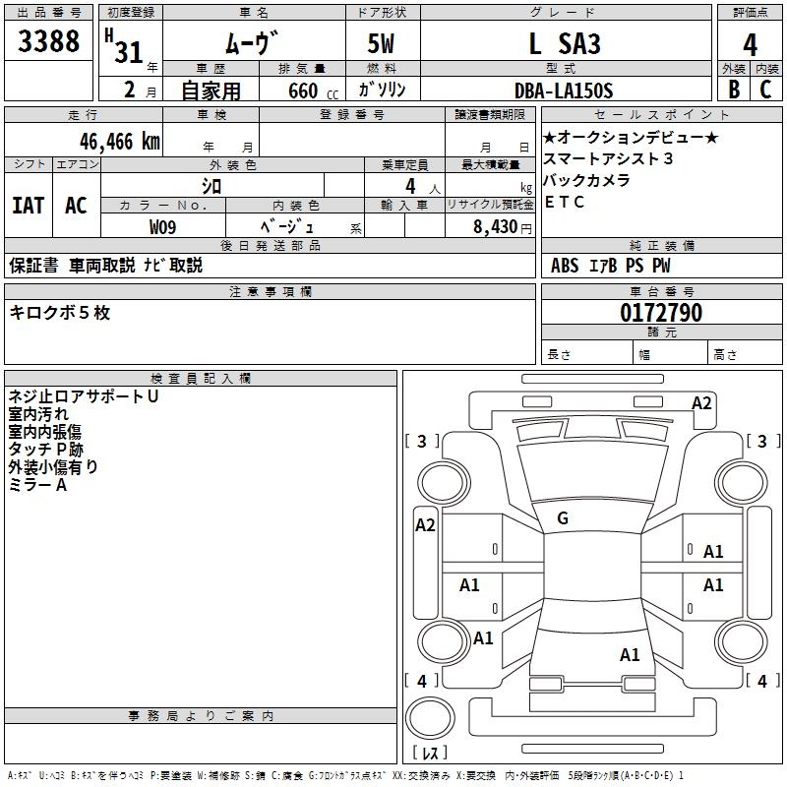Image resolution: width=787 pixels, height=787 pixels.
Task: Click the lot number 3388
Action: click(x=48, y=40)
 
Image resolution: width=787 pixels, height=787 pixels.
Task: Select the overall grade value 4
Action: click(x=750, y=45)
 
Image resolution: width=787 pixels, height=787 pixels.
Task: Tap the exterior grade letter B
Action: click(x=734, y=90)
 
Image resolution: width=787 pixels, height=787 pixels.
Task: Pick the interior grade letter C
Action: click(x=765, y=90)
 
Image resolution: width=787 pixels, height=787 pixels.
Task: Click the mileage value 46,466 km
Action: click(x=119, y=142)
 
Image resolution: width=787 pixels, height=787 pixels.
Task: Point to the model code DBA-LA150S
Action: click(x=564, y=91)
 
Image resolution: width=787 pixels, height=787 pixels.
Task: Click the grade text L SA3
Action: click(x=565, y=43)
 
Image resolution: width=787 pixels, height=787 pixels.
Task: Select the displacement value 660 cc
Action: click(x=313, y=91)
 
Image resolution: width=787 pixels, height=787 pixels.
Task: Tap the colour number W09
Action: click(x=162, y=227)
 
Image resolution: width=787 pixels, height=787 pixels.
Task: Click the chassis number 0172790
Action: click(x=661, y=312)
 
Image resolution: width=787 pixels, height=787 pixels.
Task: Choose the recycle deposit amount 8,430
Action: click(x=495, y=226)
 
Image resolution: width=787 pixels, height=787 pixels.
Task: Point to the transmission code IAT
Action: click(x=29, y=206)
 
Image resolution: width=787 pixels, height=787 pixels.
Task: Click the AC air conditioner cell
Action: click(x=77, y=206)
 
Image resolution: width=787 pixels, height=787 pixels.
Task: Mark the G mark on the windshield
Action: click(x=563, y=518)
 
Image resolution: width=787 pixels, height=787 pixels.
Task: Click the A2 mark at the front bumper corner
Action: click(x=701, y=403)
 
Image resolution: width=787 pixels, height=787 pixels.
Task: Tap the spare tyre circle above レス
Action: click(x=430, y=718)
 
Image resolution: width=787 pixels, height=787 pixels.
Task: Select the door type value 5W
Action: click(x=381, y=43)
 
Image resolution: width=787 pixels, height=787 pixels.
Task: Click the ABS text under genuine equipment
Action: click(x=565, y=266)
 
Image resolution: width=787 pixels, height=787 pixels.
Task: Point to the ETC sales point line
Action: click(x=564, y=202)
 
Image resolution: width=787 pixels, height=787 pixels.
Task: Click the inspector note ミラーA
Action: click(x=37, y=485)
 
